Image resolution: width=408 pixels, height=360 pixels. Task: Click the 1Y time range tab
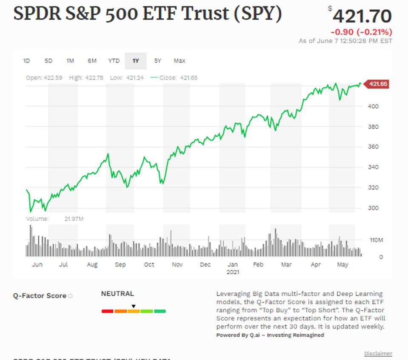[x=136, y=61]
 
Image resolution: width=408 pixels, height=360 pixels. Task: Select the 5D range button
[x=49, y=61]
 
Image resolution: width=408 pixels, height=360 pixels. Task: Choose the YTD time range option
[x=114, y=61]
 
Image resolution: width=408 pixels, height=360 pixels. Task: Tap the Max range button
[x=180, y=61]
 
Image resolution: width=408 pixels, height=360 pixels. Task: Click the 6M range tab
[x=92, y=61]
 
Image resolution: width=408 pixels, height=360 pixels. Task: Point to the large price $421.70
[x=362, y=16]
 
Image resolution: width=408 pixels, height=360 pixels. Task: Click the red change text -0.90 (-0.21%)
[x=361, y=32]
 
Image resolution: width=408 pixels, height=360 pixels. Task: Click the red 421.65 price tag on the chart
[x=377, y=84]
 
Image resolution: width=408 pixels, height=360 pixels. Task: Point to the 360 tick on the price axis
[x=373, y=147]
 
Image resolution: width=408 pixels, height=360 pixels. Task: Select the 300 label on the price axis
[x=373, y=208]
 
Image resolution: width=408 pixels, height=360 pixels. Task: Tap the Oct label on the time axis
[x=149, y=264]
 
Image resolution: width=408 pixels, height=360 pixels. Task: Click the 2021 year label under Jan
[x=233, y=272]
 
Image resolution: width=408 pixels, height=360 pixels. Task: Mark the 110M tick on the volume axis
[x=376, y=240]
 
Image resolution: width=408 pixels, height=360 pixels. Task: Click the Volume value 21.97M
[x=74, y=219]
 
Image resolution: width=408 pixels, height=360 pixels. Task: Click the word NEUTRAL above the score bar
[x=117, y=294]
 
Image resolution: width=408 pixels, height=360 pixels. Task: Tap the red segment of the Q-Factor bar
[x=108, y=312]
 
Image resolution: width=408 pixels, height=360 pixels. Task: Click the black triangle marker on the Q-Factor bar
[x=133, y=306]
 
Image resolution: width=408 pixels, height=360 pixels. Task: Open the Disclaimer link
[x=378, y=354]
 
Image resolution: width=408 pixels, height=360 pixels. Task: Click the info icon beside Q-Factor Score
[x=70, y=296]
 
